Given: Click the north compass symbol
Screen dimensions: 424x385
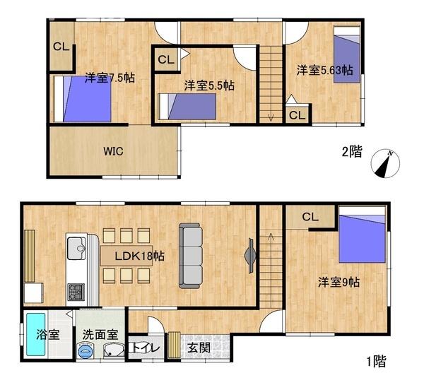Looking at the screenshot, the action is point(385,164).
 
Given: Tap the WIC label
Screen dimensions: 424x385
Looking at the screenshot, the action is point(113,151).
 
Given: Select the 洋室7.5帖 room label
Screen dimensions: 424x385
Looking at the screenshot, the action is point(110,78).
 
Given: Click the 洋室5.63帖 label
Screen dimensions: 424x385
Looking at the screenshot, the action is point(325,71).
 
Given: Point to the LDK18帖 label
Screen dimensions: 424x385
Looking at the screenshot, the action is point(139,256).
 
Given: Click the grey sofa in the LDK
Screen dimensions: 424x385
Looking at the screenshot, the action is point(191,256).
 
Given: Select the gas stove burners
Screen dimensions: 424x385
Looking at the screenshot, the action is point(76,292).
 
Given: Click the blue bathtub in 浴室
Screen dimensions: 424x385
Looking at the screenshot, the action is point(36,334).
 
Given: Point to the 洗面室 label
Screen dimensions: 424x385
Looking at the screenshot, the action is point(100,335).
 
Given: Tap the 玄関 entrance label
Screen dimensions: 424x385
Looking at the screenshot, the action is point(199,348).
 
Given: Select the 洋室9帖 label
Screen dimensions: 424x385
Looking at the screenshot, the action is point(338,283).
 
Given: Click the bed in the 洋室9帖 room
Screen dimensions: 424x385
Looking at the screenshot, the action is point(362,235).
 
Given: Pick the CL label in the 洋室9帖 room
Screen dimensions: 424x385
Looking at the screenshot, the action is point(310,217).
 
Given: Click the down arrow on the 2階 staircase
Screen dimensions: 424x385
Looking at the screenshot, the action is point(271,117).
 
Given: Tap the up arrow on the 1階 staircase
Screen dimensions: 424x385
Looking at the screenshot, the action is point(271,237).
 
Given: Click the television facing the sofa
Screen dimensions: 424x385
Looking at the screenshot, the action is point(250,256).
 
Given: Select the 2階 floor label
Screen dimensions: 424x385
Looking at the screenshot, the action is point(352,151).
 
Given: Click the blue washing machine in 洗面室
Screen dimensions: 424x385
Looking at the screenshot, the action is point(86,350).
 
